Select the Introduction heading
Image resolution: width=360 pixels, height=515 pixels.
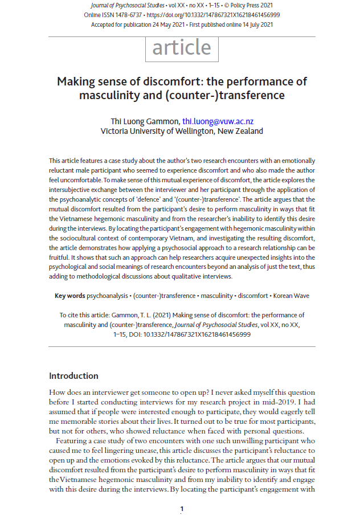73,375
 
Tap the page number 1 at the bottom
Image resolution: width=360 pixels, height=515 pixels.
182,508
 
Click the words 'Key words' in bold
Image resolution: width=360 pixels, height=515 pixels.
69,296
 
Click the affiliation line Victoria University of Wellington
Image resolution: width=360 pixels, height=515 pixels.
182,131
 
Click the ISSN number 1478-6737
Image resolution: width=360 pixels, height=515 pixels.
135,14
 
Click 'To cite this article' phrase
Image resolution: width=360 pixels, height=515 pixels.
87,315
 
